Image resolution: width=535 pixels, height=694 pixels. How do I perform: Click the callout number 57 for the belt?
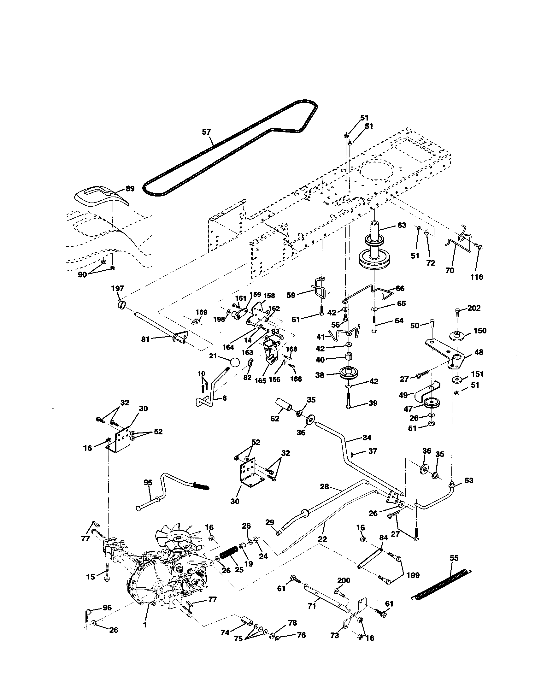pyautogui.click(x=206, y=132)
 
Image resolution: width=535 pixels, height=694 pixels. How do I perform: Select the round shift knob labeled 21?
pyautogui.click(x=234, y=362)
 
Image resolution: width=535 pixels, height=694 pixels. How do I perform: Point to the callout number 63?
pyautogui.click(x=402, y=225)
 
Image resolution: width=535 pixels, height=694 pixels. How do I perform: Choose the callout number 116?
pyautogui.click(x=477, y=277)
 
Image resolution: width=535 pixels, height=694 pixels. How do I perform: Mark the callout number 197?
pyautogui.click(x=118, y=288)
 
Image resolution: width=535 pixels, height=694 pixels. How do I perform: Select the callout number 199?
pyautogui.click(x=413, y=575)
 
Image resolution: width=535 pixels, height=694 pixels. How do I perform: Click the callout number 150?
pyautogui.click(x=480, y=331)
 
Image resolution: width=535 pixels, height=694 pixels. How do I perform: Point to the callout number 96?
pyautogui.click(x=107, y=608)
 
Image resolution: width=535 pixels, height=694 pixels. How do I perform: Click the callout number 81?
pyautogui.click(x=145, y=339)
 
